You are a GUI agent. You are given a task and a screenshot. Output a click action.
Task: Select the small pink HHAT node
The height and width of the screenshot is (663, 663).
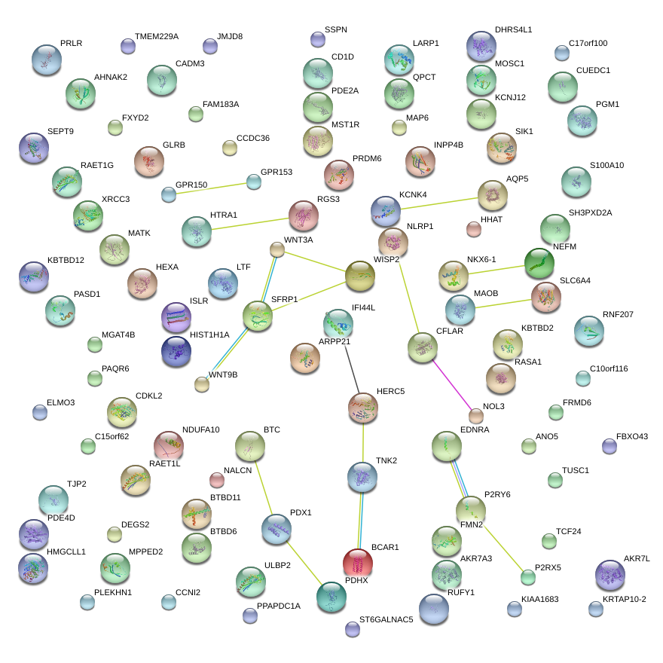pyautogui.click(x=474, y=228)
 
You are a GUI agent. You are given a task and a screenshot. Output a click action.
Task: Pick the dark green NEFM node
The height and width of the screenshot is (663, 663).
pyautogui.click(x=539, y=263)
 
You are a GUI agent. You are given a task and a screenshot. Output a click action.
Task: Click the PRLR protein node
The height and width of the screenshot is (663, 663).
pyautogui.click(x=47, y=60)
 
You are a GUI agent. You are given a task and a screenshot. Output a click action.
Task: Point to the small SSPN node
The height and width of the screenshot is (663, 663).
pyautogui.click(x=318, y=39)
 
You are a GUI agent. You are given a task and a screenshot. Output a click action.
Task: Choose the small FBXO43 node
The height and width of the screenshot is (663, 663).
pyautogui.click(x=610, y=446)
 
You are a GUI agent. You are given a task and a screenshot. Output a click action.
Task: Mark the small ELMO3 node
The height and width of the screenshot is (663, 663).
pyautogui.click(x=40, y=412)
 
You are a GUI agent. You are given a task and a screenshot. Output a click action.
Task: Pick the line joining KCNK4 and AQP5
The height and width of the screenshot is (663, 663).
pyautogui.click(x=438, y=203)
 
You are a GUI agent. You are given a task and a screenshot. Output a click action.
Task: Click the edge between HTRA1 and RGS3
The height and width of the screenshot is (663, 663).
pyautogui.click(x=250, y=224)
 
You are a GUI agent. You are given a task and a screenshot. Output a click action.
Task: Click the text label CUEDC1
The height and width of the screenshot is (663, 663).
pyautogui.click(x=593, y=70)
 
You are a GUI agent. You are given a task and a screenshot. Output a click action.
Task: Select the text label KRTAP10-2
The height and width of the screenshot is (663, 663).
pyautogui.click(x=624, y=599)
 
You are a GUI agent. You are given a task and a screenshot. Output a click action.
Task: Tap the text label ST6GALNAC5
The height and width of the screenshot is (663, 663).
pyautogui.click(x=386, y=619)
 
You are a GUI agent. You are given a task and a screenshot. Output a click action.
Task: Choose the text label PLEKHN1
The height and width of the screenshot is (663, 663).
pyautogui.click(x=113, y=592)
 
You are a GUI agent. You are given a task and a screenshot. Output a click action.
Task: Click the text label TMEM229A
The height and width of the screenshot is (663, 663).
pyautogui.click(x=156, y=36)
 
